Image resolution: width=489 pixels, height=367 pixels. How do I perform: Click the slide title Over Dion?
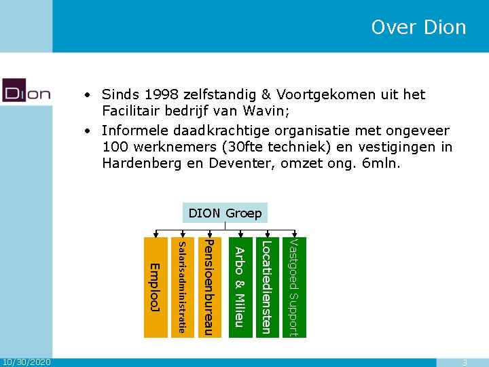(418, 27)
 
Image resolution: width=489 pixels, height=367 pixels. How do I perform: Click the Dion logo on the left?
(26, 90)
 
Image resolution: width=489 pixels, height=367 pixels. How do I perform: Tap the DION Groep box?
(225, 213)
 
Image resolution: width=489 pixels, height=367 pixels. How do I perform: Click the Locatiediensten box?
(266, 287)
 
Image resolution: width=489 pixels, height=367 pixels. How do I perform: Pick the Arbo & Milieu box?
(238, 287)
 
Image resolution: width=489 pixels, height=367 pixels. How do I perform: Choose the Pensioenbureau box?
(211, 287)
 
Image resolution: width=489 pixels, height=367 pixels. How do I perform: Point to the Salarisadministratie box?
(182, 287)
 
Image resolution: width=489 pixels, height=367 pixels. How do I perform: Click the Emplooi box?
(154, 287)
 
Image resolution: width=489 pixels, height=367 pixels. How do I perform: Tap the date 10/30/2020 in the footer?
(26, 362)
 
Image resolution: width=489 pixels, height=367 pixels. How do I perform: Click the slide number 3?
(465, 362)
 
